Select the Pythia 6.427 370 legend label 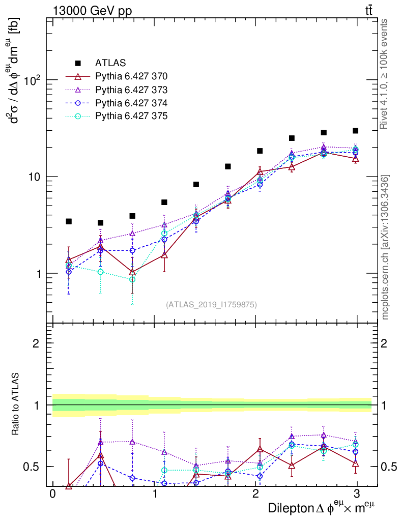tap(131, 76)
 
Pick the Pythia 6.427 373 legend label tap(131, 90)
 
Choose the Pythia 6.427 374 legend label tap(131, 103)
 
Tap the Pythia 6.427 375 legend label tap(131, 116)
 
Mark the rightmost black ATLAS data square tap(355, 131)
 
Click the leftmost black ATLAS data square tap(69, 221)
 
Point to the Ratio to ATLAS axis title tap(17, 405)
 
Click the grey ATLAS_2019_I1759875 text tap(211, 305)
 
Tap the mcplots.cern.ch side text tap(386, 247)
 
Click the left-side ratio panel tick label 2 tap(36, 343)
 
